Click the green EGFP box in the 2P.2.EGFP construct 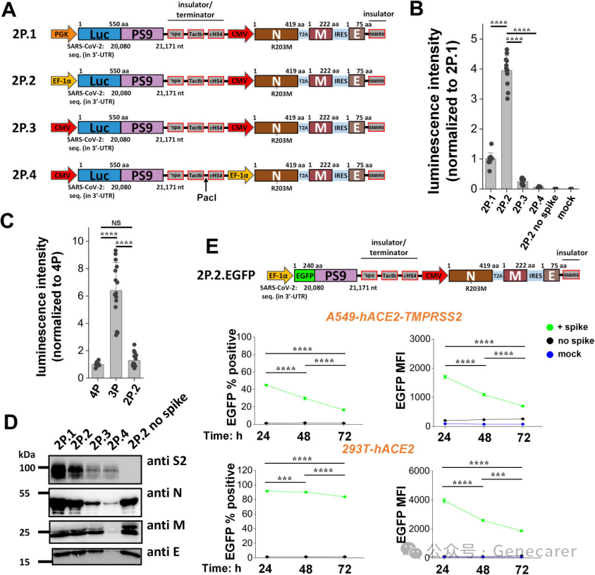304,277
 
